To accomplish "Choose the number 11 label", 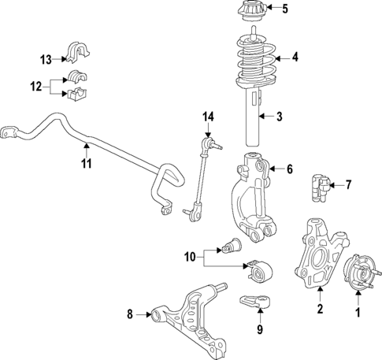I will click(87, 164).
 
